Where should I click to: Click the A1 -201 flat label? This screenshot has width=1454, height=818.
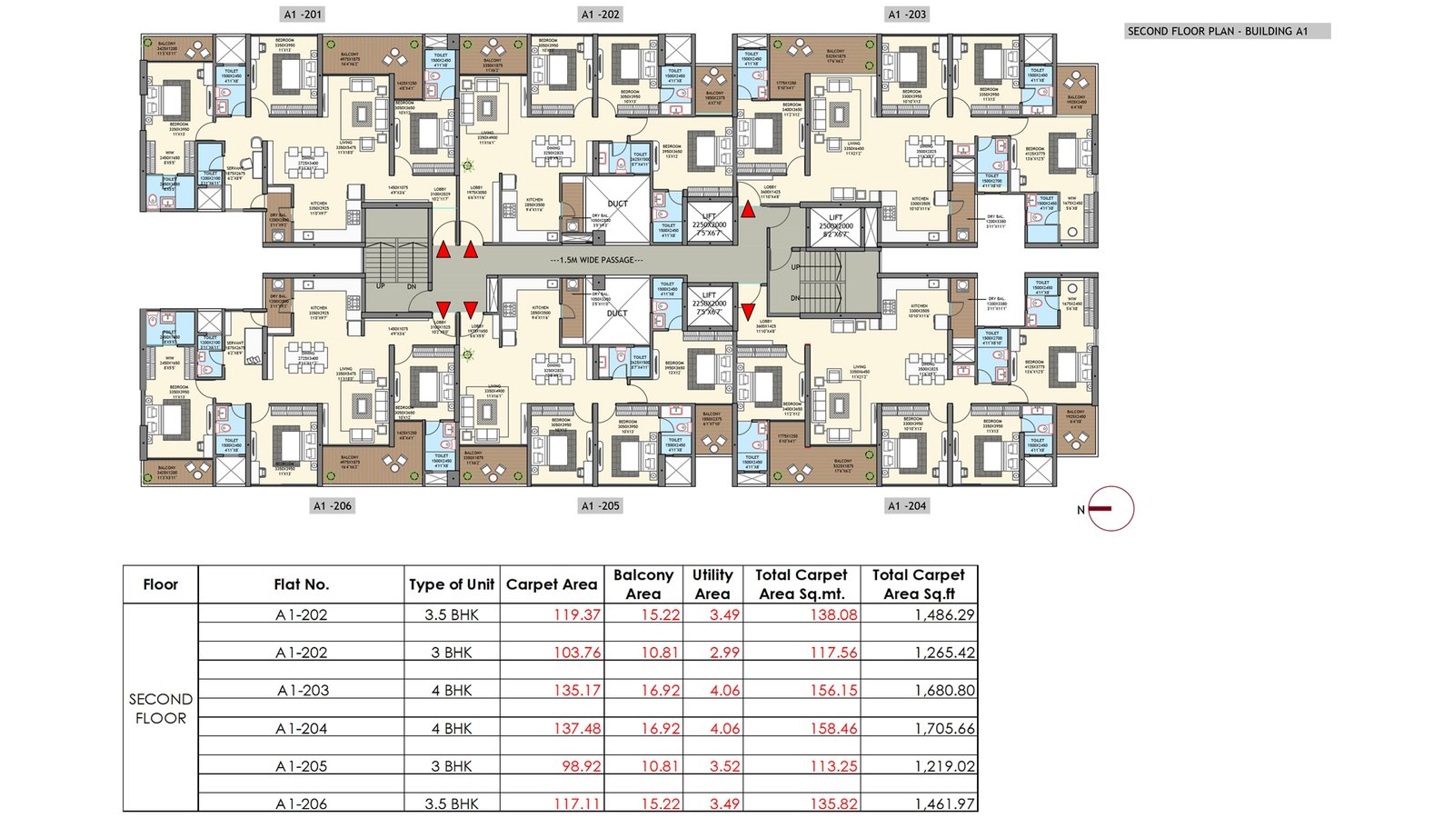[x=303, y=15]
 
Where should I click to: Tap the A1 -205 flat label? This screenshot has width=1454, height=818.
[x=600, y=506]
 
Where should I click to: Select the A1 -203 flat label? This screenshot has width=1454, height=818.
[x=907, y=15]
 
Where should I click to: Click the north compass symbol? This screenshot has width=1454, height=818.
[x=1110, y=509]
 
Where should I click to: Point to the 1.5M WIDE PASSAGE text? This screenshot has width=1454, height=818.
[x=597, y=260]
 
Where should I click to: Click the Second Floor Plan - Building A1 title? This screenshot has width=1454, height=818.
[x=1218, y=31]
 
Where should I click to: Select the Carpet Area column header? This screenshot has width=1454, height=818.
[x=552, y=584]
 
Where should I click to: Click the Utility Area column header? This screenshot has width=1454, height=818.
[x=712, y=584]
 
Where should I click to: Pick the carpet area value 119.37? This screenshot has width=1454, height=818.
[x=577, y=615]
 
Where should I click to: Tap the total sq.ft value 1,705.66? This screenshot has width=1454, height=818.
[x=944, y=729]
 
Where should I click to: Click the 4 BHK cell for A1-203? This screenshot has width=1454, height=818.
[x=452, y=691]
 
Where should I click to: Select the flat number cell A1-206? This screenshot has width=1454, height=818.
[x=302, y=803]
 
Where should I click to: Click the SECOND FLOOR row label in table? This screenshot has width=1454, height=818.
[x=161, y=708]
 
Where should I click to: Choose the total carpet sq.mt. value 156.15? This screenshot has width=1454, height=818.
[x=833, y=691]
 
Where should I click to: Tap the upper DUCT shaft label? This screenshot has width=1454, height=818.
[x=617, y=204]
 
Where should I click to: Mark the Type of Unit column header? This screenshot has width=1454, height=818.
[x=452, y=584]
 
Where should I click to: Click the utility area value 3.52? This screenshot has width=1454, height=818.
[x=724, y=766]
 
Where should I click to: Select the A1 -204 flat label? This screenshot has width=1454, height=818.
[x=907, y=506]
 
